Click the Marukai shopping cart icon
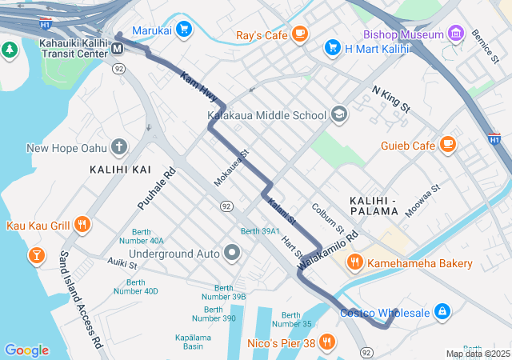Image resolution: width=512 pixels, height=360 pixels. pos(185,29)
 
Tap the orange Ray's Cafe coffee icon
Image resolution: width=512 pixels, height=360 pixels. pos(300,34)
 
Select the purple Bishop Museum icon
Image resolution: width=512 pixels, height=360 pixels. pos(456,34)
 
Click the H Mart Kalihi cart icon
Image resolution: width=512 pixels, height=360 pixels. pos(332,49)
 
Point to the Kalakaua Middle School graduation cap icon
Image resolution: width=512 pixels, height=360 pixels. pos(339,114)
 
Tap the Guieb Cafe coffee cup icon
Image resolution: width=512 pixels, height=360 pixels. pos(448,145)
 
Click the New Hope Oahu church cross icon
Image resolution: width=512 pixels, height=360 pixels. pos(119,146)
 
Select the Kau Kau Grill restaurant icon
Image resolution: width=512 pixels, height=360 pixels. pos(81,225)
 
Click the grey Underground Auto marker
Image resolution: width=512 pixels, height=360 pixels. pos(233,254)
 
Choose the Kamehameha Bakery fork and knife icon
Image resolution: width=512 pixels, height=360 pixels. pos(354,262)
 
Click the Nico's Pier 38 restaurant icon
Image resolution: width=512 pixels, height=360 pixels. pos(326,343)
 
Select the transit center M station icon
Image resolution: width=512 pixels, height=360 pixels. pos(118,49)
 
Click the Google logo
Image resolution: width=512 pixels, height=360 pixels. pos(26,350)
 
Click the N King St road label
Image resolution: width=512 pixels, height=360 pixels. pos(391,98)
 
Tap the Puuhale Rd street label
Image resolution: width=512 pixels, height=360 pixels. pos(157,189)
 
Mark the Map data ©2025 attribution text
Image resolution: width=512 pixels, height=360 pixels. pos(477,354)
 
